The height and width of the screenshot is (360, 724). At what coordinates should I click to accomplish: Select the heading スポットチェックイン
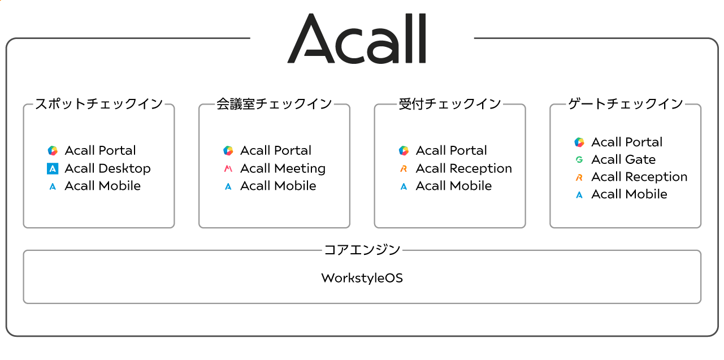click(99, 104)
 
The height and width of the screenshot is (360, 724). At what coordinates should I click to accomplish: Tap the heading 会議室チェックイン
click(274, 104)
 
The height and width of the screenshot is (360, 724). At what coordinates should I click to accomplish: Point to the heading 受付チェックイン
click(450, 104)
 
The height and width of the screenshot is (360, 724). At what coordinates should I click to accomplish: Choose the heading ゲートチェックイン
click(625, 104)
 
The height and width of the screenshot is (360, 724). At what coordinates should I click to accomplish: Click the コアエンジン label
click(362, 250)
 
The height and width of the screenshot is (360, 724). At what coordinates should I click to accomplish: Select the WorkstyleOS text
click(362, 278)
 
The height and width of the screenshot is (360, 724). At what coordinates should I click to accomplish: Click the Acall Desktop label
click(107, 168)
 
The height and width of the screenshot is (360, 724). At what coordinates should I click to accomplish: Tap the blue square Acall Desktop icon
click(53, 168)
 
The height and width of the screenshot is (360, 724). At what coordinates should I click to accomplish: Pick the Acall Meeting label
click(283, 168)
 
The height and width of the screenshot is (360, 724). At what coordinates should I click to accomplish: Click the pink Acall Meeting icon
click(228, 168)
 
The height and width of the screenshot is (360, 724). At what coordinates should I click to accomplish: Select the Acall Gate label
click(623, 159)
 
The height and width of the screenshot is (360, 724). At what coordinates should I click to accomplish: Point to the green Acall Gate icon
click(579, 159)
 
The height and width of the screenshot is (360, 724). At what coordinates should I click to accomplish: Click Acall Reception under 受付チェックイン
click(463, 168)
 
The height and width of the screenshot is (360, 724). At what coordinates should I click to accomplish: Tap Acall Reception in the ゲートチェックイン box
click(639, 177)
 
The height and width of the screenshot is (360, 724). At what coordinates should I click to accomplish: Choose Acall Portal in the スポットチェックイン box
click(100, 151)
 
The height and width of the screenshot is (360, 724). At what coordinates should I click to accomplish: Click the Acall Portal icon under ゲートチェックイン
click(579, 142)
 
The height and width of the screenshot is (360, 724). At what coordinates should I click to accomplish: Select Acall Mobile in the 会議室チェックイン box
click(278, 186)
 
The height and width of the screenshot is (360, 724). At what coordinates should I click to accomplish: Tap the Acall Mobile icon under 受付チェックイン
click(404, 186)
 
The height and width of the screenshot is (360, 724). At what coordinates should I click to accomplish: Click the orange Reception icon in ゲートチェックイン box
click(579, 177)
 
